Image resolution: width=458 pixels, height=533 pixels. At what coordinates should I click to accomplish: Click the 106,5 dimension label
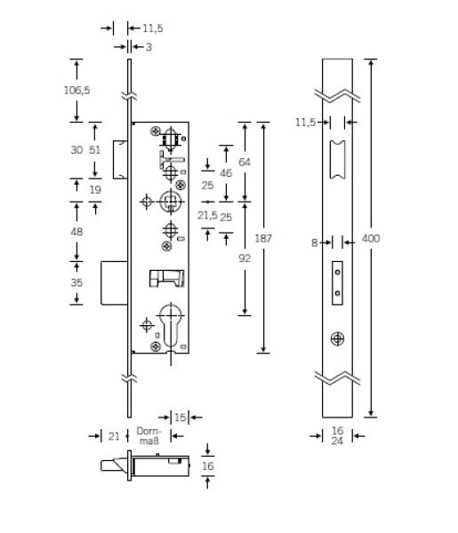coord(76,90)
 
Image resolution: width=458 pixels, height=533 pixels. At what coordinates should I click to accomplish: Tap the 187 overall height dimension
coord(263,238)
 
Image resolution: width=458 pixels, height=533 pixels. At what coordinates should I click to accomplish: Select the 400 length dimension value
coord(371,238)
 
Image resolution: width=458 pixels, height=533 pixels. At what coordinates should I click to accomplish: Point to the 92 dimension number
coord(245,259)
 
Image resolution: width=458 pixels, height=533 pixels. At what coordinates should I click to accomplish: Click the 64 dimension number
coord(245,163)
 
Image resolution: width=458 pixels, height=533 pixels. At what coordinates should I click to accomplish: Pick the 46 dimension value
coord(226,173)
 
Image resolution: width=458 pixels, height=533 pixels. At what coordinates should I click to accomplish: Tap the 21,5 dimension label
coord(207,215)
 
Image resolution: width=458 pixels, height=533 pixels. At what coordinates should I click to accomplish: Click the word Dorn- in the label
coord(149,431)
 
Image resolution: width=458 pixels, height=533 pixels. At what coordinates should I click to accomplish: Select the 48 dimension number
coord(76,232)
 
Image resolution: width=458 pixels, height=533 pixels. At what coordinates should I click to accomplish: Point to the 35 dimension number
coord(76,282)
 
